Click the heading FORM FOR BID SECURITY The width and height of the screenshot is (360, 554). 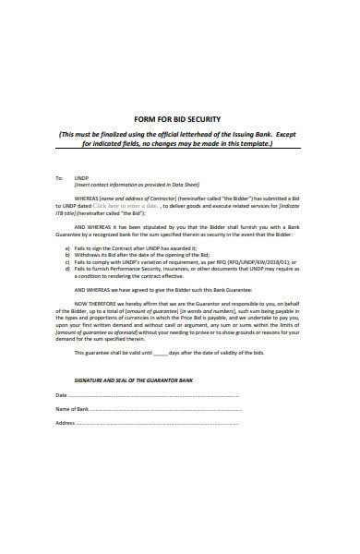coord(179,120)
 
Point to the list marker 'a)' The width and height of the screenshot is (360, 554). coord(67,248)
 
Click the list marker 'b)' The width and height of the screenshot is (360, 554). coord(67,256)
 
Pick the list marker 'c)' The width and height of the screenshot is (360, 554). coord(67,263)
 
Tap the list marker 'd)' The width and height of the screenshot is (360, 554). coord(67,271)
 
